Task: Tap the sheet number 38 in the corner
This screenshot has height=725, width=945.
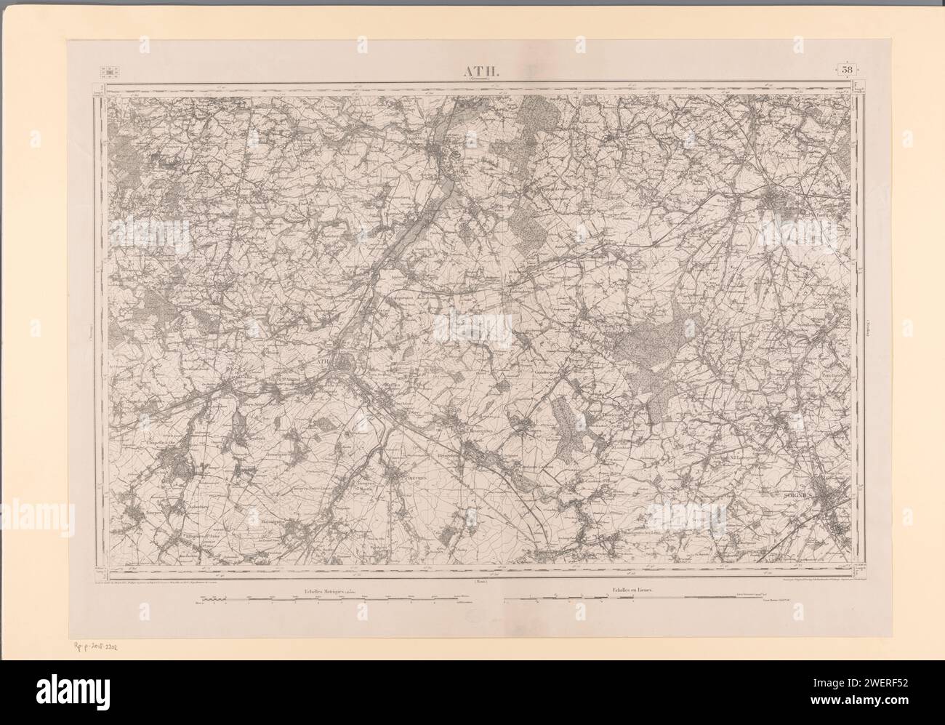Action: click(848, 69)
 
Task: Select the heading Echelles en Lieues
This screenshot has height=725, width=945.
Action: click(627, 590)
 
